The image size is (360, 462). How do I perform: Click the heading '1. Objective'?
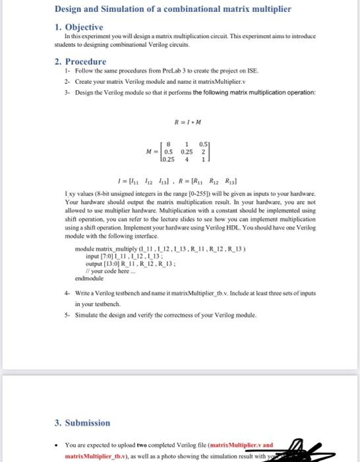point(78,27)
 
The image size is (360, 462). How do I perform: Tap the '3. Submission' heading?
point(82,422)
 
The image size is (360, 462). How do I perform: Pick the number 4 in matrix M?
point(188,158)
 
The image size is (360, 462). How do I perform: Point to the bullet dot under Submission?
point(59,444)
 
